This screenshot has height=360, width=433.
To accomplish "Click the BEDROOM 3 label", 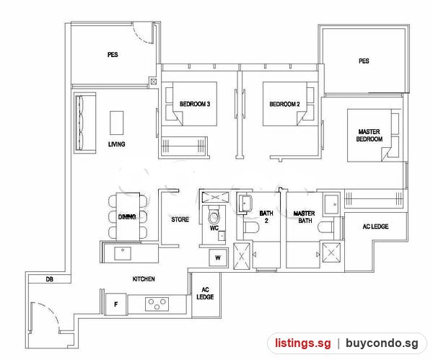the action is click(x=195, y=104).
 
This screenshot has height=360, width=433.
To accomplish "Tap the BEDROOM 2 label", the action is click(x=284, y=104).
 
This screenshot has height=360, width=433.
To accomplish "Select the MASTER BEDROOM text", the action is click(x=369, y=136).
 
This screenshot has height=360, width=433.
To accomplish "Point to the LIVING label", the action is click(x=116, y=144).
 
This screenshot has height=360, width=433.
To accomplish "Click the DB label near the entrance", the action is click(x=49, y=279).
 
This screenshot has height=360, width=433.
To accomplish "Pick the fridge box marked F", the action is click(x=116, y=304).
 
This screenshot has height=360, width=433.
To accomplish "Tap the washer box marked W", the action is click(x=218, y=258).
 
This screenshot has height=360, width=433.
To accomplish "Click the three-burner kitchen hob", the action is click(x=157, y=304).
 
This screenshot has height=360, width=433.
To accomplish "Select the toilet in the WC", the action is click(x=214, y=215).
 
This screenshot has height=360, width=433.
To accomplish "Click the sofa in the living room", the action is click(x=85, y=123).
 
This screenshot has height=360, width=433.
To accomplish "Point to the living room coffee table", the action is click(x=116, y=123).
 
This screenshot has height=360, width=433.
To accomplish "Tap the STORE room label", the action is click(x=180, y=219).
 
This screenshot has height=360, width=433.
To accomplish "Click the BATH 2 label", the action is click(x=266, y=216).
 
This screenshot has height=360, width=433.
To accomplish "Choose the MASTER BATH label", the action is click(x=305, y=217).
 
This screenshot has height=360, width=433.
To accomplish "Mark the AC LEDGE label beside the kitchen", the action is click(x=205, y=293).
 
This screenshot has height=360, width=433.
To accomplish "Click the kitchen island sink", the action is click(x=123, y=253).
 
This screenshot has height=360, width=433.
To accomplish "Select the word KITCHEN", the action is click(x=144, y=279).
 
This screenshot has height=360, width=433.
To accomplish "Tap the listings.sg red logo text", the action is click(x=302, y=343).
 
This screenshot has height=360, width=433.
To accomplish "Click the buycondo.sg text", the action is click(x=382, y=343).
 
